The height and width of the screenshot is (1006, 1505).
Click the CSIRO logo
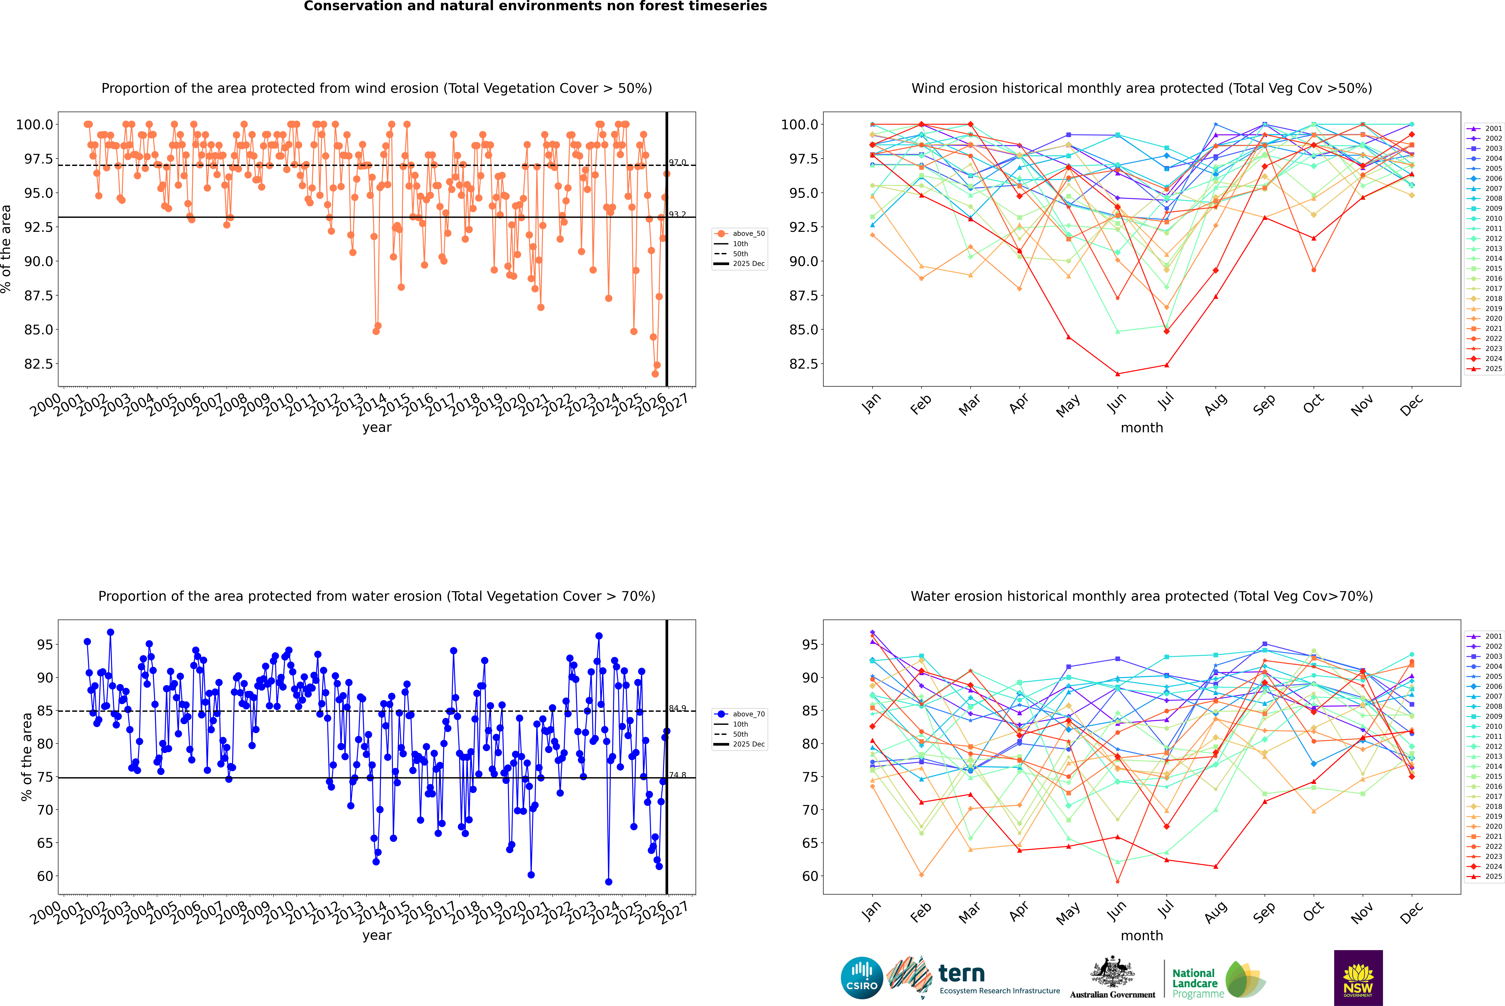coord(862,978)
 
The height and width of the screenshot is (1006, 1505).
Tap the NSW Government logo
coord(1358,978)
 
